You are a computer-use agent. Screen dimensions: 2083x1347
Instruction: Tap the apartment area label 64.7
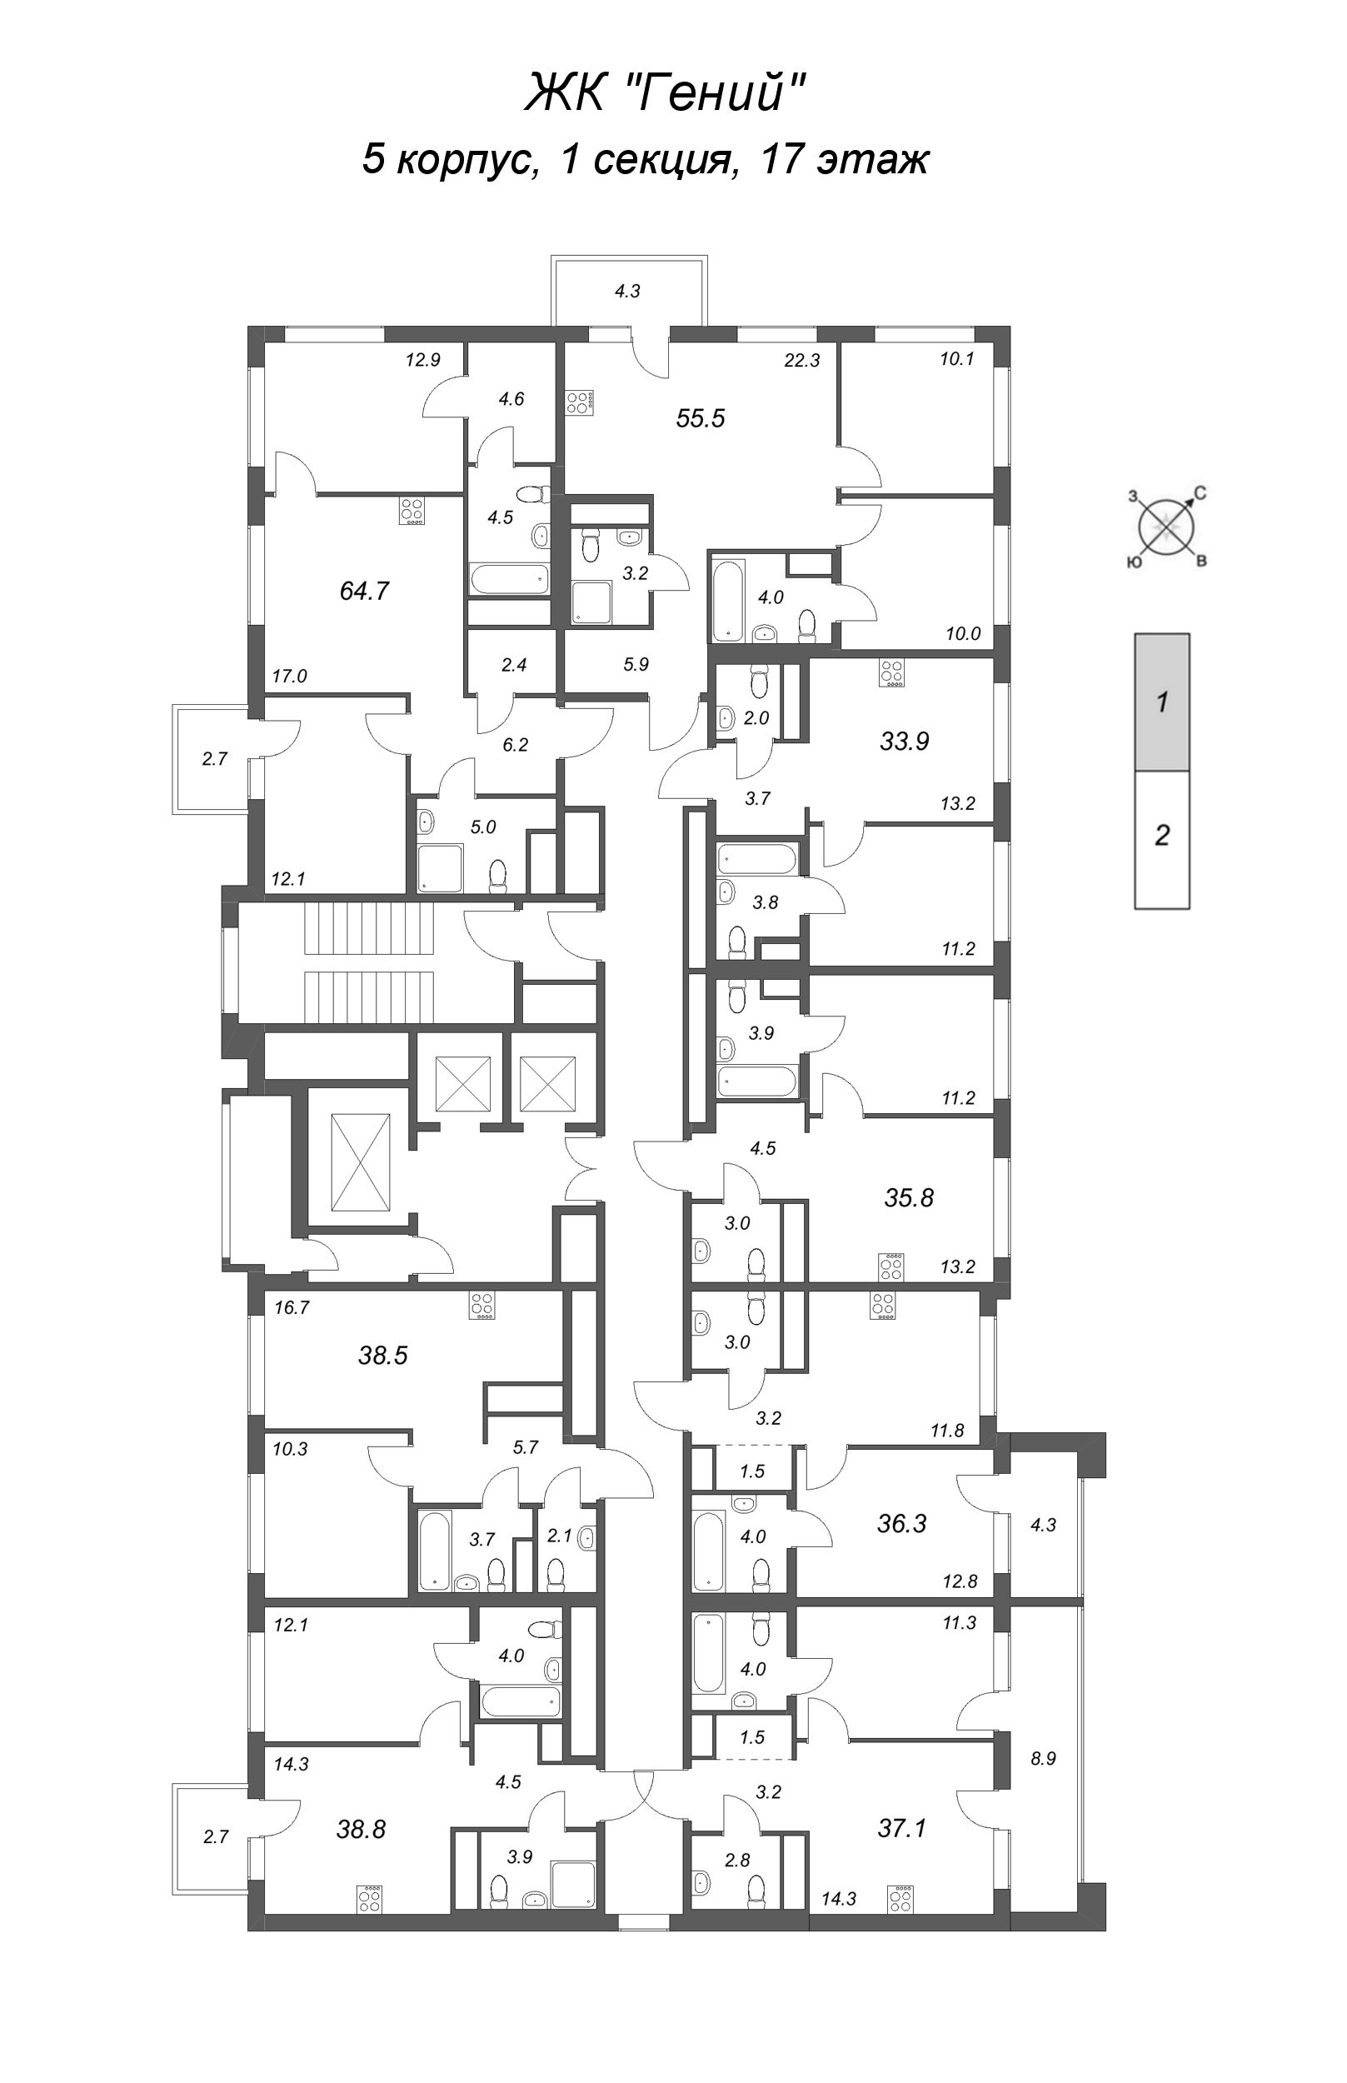click(x=364, y=592)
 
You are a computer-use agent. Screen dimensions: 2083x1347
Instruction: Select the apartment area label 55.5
click(x=701, y=418)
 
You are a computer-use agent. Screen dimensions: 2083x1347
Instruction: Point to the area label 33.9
click(x=905, y=741)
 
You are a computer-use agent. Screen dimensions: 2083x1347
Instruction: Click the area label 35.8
click(x=909, y=1197)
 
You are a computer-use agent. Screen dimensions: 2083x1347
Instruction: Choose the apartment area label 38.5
click(x=383, y=1355)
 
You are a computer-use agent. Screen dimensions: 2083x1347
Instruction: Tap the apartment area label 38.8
click(x=361, y=1804)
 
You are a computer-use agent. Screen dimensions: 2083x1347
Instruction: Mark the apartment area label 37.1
click(x=902, y=1803)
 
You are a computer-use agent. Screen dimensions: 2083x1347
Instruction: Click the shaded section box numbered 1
click(x=1161, y=702)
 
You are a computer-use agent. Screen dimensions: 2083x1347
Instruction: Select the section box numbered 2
click(x=1161, y=837)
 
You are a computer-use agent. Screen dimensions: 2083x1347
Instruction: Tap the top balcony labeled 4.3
click(x=628, y=292)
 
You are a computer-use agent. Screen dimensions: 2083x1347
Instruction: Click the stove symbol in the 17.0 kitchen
click(x=412, y=512)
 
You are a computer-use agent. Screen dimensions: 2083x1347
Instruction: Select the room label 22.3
click(x=801, y=360)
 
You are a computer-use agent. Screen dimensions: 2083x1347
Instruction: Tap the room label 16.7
click(x=292, y=1308)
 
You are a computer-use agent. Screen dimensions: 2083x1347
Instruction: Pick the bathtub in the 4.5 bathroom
click(x=509, y=579)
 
